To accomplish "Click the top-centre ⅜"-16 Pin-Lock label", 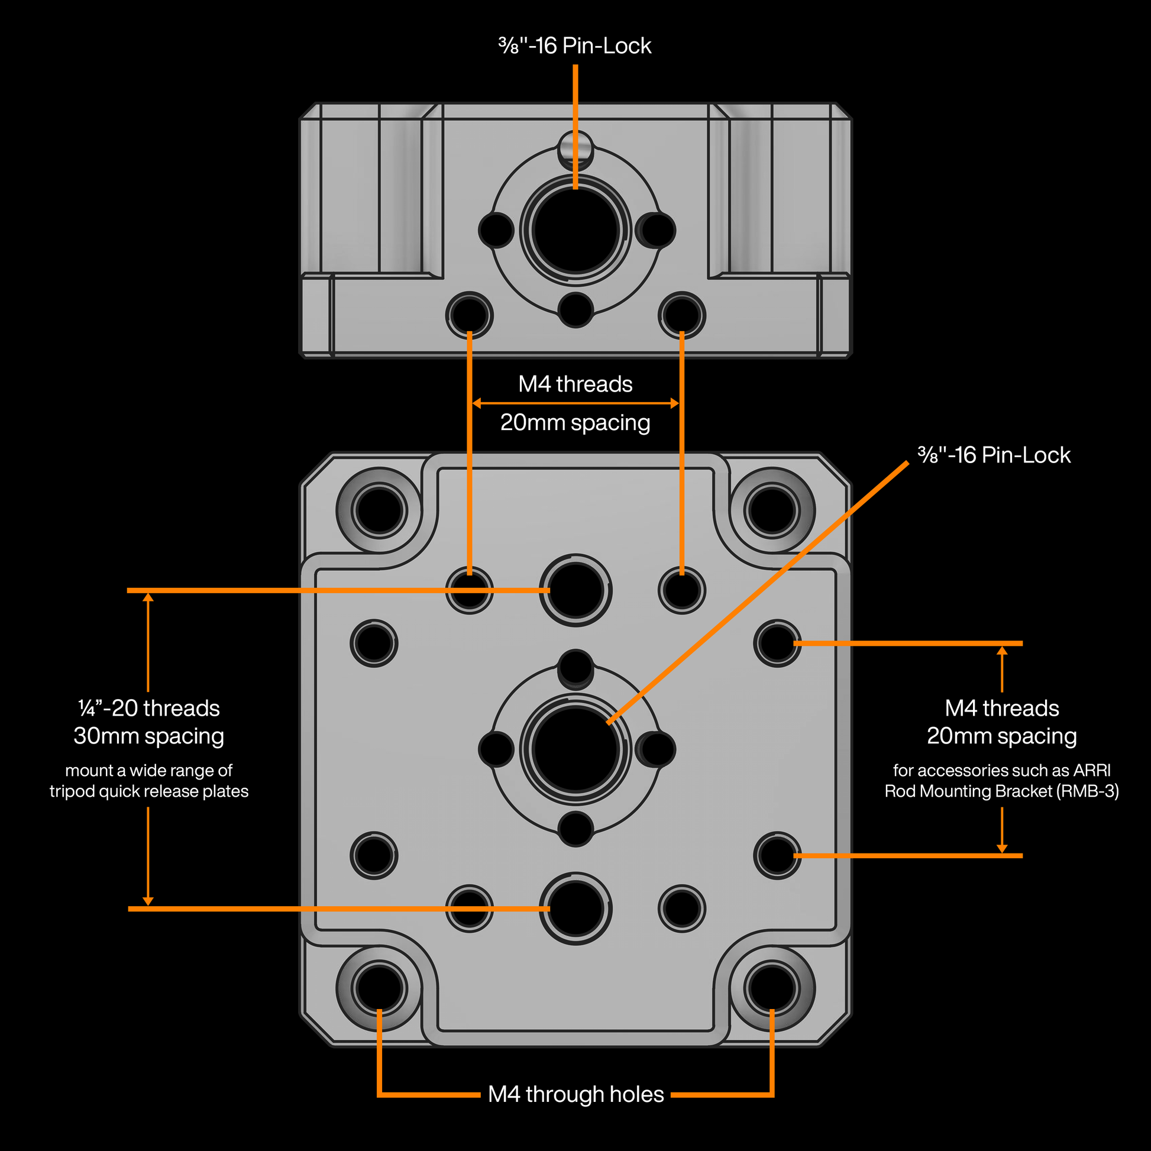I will pos(575,46).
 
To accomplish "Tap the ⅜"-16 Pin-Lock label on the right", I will pos(994,455).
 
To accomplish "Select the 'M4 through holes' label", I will pos(575,1094).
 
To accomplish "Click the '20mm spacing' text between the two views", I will pos(575,422).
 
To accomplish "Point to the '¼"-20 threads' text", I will pos(148,709).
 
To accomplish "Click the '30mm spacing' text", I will pos(148,736).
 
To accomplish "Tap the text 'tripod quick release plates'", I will pos(148,791).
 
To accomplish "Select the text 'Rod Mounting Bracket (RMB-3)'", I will pos(1001,791).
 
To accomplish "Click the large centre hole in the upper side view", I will pos(575,230).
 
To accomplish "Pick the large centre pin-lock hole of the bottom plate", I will pos(575,749).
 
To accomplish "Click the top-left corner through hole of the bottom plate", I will pos(379,510).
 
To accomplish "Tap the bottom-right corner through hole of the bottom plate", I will pos(771,988).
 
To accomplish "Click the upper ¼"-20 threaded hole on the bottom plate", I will pos(575,590).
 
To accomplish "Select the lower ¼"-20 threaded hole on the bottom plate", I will pos(575,908).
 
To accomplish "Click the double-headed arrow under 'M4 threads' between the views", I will pos(575,403).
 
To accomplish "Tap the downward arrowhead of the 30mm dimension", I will pos(148,901).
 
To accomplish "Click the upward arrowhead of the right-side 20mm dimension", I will pos(1002,651).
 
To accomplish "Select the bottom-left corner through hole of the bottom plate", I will pos(379,988).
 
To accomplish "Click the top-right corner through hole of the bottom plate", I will pos(771,510).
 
